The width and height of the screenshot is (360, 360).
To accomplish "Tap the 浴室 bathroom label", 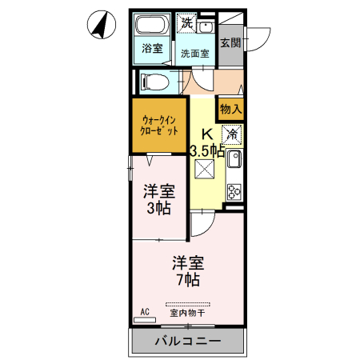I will click(x=152, y=48).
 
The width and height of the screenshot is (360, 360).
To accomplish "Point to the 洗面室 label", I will click(x=194, y=54).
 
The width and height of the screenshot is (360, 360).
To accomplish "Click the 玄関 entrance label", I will click(x=230, y=43).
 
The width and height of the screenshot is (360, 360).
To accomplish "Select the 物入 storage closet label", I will click(x=230, y=107).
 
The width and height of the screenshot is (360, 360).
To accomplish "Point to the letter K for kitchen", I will click(x=206, y=134).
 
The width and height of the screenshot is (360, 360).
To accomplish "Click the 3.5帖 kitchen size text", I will click(x=206, y=150).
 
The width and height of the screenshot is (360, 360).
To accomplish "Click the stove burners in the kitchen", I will click(x=234, y=190).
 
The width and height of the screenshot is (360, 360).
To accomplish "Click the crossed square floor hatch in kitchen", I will click(x=204, y=170).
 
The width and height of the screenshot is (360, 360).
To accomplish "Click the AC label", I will click(x=145, y=310).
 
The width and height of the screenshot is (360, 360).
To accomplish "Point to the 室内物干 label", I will click(x=188, y=313).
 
